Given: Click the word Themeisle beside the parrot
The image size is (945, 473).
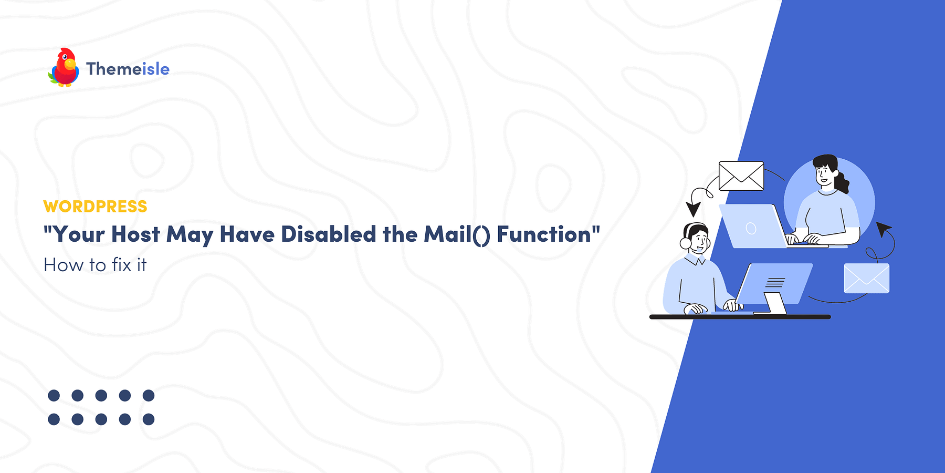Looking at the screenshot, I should (128, 69).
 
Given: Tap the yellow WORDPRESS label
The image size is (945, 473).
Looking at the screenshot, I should (95, 207).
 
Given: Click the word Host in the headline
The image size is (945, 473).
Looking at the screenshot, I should (135, 234).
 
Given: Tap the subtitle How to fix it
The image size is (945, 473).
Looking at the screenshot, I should (95, 265).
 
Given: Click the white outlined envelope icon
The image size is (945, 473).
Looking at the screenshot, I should (741, 176).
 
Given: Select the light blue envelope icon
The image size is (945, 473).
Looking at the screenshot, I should (866, 279).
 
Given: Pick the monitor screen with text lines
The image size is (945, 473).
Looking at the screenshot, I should (774, 282).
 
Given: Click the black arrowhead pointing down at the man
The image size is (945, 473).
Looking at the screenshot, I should (694, 209).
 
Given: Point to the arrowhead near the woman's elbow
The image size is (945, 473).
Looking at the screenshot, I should (883, 229).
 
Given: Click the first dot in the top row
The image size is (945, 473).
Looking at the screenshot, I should (54, 395).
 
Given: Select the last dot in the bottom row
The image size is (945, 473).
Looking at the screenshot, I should (149, 419).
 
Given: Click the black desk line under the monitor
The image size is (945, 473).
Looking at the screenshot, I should (740, 317).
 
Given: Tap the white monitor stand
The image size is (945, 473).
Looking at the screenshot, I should (775, 303).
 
